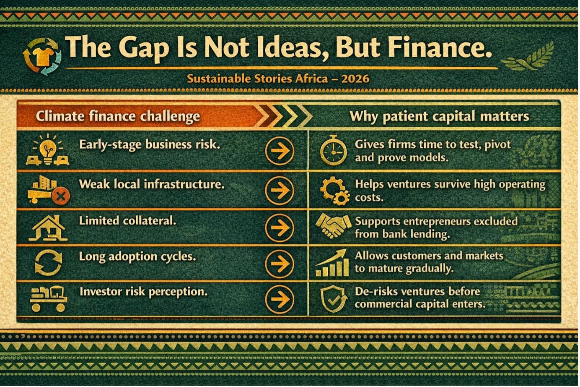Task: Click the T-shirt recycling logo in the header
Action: click(42, 57)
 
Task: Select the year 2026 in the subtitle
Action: click(355, 78)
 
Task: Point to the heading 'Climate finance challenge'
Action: click(118, 116)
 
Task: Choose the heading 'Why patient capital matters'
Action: click(440, 116)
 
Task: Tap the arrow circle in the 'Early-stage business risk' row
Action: click(280, 151)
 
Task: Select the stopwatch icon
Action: click(333, 150)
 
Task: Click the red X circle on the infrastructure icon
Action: click(61, 196)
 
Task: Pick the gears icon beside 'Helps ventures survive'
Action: click(335, 191)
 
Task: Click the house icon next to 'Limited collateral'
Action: click(48, 228)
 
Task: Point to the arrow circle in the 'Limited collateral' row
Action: click(280, 227)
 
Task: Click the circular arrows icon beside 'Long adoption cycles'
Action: click(49, 262)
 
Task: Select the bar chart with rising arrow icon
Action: click(332, 262)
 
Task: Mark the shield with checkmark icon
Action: click(333, 299)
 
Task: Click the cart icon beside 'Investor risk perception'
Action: click(49, 298)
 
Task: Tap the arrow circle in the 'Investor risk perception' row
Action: click(280, 299)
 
